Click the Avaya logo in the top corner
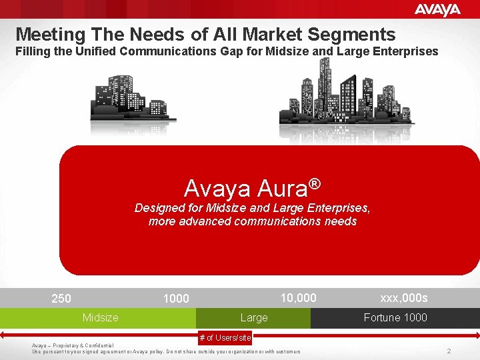pyautogui.click(x=437, y=9)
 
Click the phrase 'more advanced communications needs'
pyautogui.click(x=253, y=221)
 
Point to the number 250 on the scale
pyautogui.click(x=61, y=299)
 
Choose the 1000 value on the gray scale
pyautogui.click(x=176, y=299)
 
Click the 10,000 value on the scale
pyautogui.click(x=298, y=297)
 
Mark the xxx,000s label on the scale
pyautogui.click(x=404, y=297)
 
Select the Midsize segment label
pyautogui.click(x=100, y=318)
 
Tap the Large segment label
pyautogui.click(x=253, y=318)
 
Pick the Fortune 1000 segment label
pyautogui.click(x=395, y=318)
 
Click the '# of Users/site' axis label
pyautogui.click(x=225, y=338)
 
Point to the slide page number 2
pyautogui.click(x=449, y=351)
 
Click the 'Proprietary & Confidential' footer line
pyautogui.click(x=73, y=345)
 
